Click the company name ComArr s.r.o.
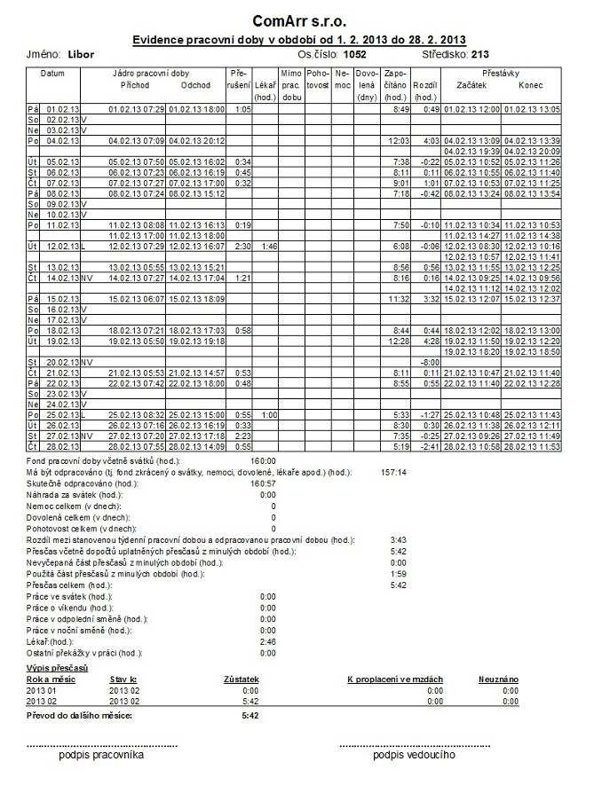[298, 20]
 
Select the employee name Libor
[81, 55]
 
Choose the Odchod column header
[194, 85]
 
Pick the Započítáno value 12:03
[397, 141]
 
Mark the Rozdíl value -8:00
[430, 362]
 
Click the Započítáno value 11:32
[397, 299]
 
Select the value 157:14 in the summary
[392, 473]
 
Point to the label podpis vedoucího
[414, 755]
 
